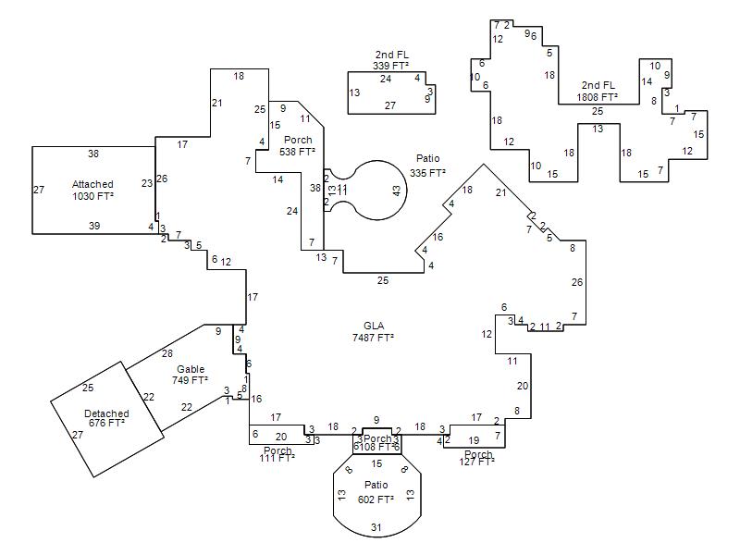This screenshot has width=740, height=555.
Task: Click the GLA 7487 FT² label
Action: coord(373,331)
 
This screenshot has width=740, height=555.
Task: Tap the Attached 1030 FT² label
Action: coord(92,191)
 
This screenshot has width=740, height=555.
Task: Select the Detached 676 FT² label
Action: coord(106,418)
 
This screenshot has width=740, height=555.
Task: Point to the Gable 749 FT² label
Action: coord(191,375)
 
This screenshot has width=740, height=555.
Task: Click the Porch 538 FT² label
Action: coord(298,145)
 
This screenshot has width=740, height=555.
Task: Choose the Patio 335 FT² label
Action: coord(428,166)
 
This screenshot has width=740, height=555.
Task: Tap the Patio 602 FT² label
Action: coord(376,492)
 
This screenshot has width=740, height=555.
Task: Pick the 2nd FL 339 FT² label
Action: coord(391,60)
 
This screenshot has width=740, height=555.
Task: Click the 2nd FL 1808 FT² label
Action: coord(598,91)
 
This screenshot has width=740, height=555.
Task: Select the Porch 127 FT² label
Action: coord(478,458)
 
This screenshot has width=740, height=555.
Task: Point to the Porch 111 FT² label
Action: coord(277,454)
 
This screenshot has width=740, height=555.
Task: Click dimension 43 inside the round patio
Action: coord(397,191)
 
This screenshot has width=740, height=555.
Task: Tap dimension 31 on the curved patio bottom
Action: coord(376,527)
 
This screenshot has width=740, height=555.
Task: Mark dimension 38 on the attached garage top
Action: coord(93,154)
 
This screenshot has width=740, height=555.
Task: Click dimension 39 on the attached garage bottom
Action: coord(93,226)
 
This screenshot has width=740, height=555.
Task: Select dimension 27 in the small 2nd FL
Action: coord(390,105)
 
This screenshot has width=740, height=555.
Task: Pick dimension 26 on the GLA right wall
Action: coord(577,282)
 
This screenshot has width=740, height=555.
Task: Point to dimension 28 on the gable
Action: coord(167,353)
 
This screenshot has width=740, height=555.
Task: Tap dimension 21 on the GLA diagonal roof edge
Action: coord(501,192)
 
